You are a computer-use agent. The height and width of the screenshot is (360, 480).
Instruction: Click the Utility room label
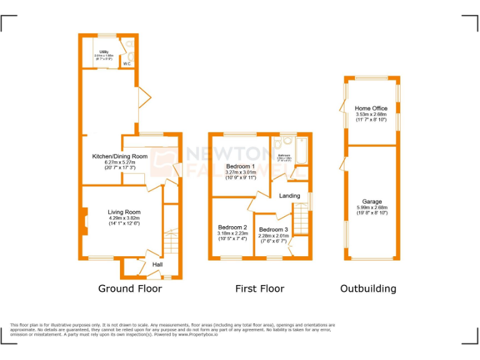coord(104,52)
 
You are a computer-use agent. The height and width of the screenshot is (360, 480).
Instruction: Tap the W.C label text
coord(126,64)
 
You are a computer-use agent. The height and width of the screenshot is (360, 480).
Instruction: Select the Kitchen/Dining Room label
coord(120,156)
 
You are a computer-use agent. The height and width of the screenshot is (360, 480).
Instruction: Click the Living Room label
coord(124,212)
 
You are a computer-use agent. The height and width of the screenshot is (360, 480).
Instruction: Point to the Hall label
coord(158,265)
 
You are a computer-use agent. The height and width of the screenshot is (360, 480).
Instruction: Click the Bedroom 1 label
coord(241,166)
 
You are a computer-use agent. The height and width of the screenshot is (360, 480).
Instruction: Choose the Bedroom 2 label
coord(232,227)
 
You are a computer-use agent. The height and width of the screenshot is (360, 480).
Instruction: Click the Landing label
coord(291,197)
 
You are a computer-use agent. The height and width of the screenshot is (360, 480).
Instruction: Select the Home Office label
coord(371,109)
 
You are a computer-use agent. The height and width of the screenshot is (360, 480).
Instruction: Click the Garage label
coord(372,202)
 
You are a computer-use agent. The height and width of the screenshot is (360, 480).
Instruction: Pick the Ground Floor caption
coord(130,289)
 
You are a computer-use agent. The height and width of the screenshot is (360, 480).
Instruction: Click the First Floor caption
coord(259,289)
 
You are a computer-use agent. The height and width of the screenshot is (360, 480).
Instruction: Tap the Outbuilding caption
coord(368,289)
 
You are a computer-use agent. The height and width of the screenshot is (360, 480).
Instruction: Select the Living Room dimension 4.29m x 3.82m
coord(124,218)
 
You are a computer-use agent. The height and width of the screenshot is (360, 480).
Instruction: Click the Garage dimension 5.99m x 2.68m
coord(372,207)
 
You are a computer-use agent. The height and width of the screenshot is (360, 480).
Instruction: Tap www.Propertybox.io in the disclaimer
coord(196,334)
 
